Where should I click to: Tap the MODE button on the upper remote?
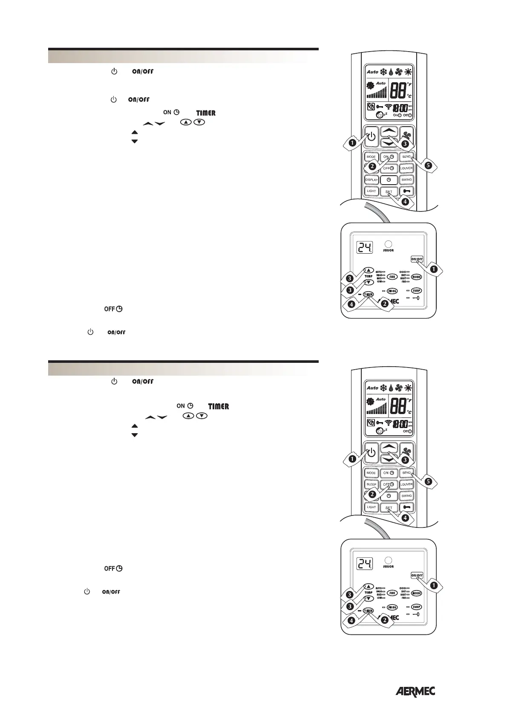tap(371, 157)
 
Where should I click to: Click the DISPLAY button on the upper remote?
tap(372, 180)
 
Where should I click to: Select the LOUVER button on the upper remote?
tap(406, 168)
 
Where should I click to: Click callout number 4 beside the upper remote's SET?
tap(405, 202)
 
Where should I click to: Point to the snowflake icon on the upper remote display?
tap(384, 72)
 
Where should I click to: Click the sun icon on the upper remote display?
tap(408, 72)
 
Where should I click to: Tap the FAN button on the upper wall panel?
tap(392, 277)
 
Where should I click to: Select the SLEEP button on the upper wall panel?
tap(416, 291)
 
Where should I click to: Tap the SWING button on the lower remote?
tap(406, 496)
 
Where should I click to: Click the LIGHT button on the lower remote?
tap(372, 507)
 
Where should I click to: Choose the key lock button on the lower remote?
tap(406, 507)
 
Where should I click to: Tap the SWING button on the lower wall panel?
tap(392, 607)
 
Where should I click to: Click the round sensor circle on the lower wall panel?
tap(388, 560)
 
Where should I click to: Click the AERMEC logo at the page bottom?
tap(415, 692)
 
